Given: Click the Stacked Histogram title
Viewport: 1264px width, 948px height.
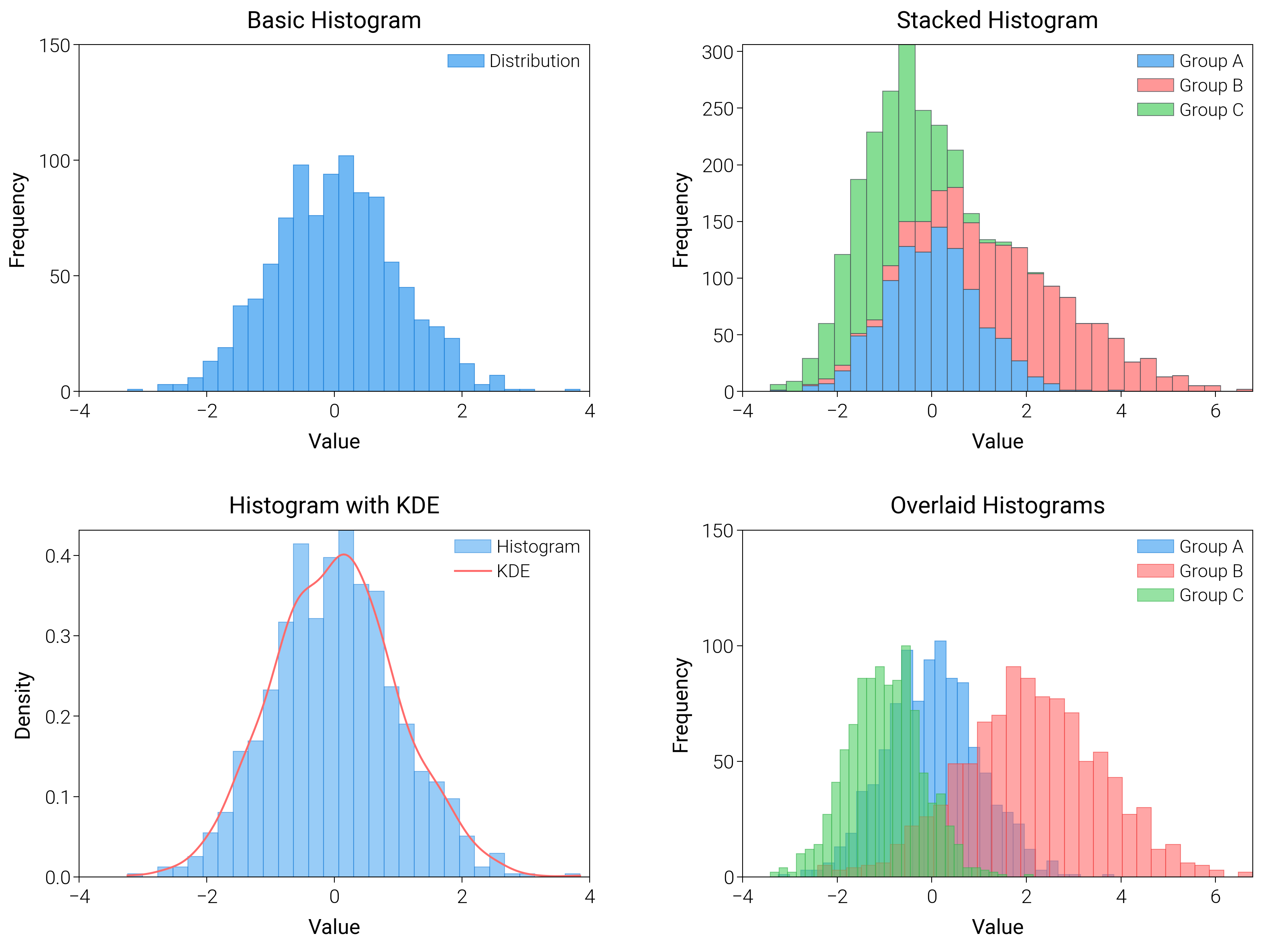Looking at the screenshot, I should tap(997, 20).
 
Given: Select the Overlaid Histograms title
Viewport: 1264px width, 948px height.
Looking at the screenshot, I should tap(997, 506).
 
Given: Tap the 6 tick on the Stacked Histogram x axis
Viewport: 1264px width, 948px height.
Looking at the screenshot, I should tap(1215, 411).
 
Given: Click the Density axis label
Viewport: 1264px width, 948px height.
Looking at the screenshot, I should tap(22, 705).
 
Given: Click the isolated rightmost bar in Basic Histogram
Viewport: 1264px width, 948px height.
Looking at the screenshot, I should tap(572, 390).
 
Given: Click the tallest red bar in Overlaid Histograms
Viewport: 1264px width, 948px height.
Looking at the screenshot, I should tap(1013, 771).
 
